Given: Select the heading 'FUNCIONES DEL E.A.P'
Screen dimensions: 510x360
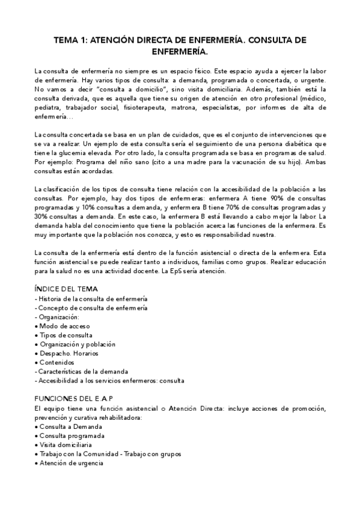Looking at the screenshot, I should (74, 399).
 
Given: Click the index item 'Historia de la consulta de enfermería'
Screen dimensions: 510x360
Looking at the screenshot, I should (92, 299).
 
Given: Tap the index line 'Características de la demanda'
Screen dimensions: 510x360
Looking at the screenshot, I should (84, 372).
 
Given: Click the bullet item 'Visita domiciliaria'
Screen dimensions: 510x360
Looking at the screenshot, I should (67, 444).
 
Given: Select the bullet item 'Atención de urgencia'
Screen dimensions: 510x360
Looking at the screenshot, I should (71, 463).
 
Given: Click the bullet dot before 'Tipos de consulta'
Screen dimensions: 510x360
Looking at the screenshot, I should (37, 336).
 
